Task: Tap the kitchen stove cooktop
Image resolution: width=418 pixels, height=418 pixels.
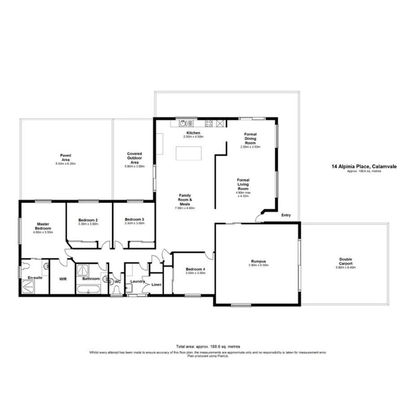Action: [x=209, y=123]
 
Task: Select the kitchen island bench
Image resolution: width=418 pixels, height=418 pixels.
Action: [x=189, y=153]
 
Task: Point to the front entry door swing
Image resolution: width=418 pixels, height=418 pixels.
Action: [x=259, y=218]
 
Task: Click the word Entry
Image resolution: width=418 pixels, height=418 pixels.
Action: [x=286, y=215]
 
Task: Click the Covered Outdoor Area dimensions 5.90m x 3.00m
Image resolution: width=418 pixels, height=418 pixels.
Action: [x=134, y=166]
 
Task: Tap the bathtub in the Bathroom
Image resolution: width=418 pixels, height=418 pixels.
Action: [x=88, y=289]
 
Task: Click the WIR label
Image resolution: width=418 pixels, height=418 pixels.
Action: [x=63, y=279]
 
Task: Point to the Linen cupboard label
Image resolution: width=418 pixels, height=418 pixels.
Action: [x=156, y=284]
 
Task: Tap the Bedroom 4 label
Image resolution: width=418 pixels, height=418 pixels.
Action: [x=196, y=269]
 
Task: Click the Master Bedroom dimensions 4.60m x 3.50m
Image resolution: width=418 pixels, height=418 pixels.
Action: [x=43, y=232]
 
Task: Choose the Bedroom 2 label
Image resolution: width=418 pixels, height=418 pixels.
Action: [x=88, y=220]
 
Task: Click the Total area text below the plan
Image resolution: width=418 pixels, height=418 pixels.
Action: [x=209, y=347]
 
